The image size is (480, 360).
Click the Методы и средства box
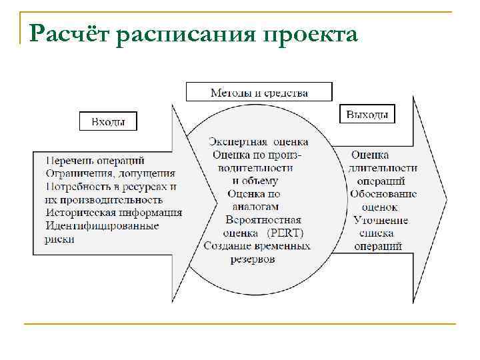(x=259, y=92)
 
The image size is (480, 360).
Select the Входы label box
(x=108, y=121)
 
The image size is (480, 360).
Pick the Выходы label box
(x=367, y=115)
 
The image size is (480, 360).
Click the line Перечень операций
(x=95, y=160)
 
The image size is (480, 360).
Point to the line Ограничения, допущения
(x=111, y=173)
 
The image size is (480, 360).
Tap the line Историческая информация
(x=113, y=213)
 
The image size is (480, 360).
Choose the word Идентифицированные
(x=101, y=226)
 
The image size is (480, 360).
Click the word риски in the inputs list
(x=60, y=239)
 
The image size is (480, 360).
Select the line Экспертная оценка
(x=259, y=141)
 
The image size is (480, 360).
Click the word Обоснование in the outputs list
(x=383, y=194)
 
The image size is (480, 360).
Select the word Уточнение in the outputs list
(x=381, y=220)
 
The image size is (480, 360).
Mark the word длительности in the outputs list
(x=383, y=168)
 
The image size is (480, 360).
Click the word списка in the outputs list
(x=377, y=233)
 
